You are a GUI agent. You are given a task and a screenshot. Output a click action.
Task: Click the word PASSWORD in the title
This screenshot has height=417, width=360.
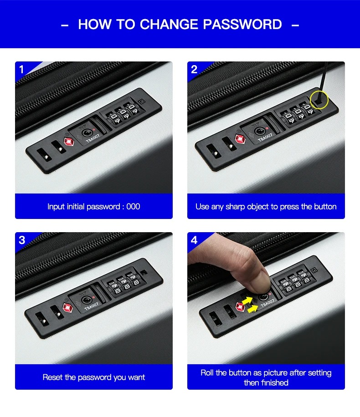tap(242, 24)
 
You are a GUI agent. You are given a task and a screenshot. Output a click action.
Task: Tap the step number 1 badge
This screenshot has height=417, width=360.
tap(21, 70)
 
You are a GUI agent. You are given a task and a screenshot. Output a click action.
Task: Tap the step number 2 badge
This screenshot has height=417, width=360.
tap(194, 70)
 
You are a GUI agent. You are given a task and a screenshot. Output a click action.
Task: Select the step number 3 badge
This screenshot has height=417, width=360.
tap(22, 240)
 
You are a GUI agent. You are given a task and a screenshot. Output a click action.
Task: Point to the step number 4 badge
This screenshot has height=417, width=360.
tap(194, 240)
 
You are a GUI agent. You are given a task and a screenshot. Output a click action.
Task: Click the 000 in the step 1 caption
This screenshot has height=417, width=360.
tap(133, 207)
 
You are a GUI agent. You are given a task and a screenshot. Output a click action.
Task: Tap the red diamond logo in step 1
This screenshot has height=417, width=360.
tap(69, 142)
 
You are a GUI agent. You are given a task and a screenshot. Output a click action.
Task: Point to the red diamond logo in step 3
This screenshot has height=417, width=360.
tap(67, 308)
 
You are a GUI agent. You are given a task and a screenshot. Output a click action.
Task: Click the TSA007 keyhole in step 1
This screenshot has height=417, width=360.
tap(86, 133)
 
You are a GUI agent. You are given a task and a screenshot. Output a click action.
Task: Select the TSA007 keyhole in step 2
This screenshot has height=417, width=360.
tap(259, 131)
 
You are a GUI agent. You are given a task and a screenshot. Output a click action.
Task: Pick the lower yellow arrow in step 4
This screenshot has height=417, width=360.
tap(252, 309)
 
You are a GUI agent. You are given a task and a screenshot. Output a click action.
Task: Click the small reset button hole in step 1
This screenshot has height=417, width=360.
tap(142, 102)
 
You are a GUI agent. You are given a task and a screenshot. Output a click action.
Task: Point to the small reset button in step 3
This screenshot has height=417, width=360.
tap(144, 273)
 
